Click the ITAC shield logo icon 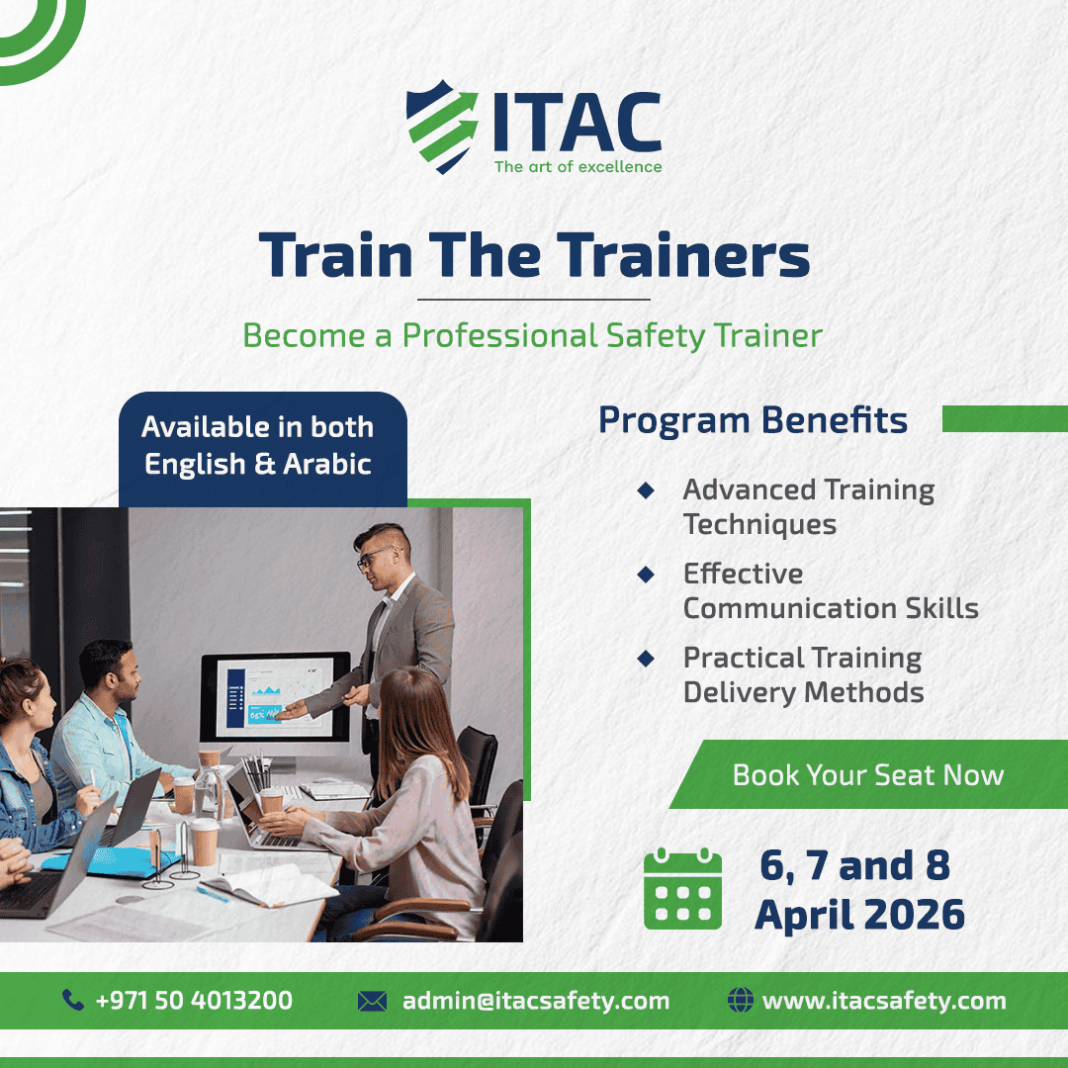(x=442, y=127)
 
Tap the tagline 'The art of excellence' (x=578, y=167)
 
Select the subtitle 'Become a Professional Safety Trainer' (x=533, y=336)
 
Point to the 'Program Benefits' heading (x=753, y=419)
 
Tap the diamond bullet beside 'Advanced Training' (x=646, y=489)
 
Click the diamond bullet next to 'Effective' (x=646, y=575)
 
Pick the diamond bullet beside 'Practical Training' (x=646, y=659)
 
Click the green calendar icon (x=682, y=888)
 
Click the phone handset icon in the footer (x=73, y=1000)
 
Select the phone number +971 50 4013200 (x=194, y=1000)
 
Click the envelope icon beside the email (x=372, y=1001)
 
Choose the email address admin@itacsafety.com (x=536, y=1001)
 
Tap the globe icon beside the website (x=741, y=1000)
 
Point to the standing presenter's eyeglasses (x=375, y=556)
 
